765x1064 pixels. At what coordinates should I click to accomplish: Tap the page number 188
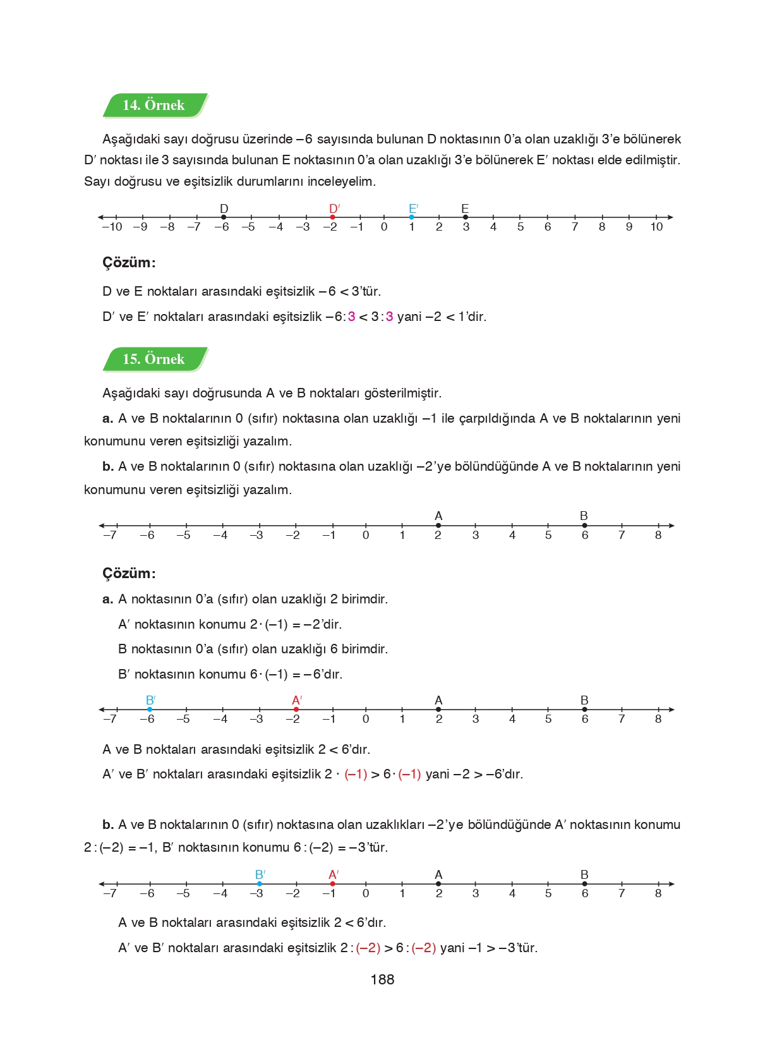tap(382, 979)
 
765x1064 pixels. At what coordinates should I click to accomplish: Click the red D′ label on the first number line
tap(334, 209)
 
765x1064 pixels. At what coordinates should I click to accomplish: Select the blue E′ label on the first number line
tap(413, 209)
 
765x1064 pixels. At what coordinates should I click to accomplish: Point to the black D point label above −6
tap(224, 209)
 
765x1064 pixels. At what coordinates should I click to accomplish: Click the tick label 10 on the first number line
tap(656, 227)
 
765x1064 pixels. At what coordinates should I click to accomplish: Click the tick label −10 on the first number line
tap(112, 227)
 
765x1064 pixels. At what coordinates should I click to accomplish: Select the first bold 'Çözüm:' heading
tap(129, 262)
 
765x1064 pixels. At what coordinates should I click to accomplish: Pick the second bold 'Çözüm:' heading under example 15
tap(129, 573)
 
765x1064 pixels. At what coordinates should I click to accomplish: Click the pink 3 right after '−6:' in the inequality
tap(352, 317)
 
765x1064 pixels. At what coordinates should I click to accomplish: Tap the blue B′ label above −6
tap(150, 700)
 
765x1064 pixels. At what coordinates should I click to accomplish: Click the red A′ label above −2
tap(297, 700)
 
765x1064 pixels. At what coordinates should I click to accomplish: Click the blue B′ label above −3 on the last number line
tap(260, 874)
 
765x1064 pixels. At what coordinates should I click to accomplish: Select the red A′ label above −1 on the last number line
tap(334, 874)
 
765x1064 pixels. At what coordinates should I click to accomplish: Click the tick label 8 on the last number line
tap(658, 893)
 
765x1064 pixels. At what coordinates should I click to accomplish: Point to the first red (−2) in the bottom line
tap(368, 948)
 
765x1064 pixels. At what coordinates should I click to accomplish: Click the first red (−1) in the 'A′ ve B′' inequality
tap(356, 774)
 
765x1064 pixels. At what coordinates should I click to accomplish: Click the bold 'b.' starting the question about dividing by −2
tap(108, 467)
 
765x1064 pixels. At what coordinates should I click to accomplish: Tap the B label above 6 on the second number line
tap(584, 516)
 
